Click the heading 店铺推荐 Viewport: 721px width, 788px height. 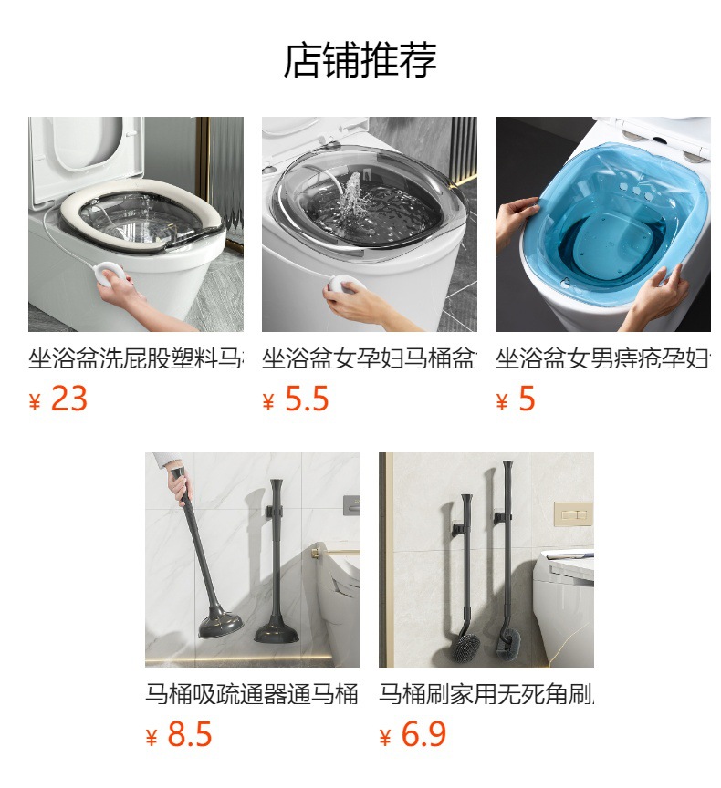pyautogui.click(x=360, y=60)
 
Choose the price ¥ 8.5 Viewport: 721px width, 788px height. pyautogui.click(x=179, y=735)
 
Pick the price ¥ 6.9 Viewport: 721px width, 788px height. pyautogui.click(x=413, y=735)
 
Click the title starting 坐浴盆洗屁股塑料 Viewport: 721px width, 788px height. pyautogui.click(x=135, y=358)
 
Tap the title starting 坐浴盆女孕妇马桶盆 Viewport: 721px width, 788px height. pyautogui.click(x=369, y=358)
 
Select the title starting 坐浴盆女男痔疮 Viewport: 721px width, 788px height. pyautogui.click(x=602, y=358)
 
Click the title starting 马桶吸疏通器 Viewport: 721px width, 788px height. pyautogui.click(x=252, y=694)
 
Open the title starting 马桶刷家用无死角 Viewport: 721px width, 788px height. pyautogui.click(x=486, y=694)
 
